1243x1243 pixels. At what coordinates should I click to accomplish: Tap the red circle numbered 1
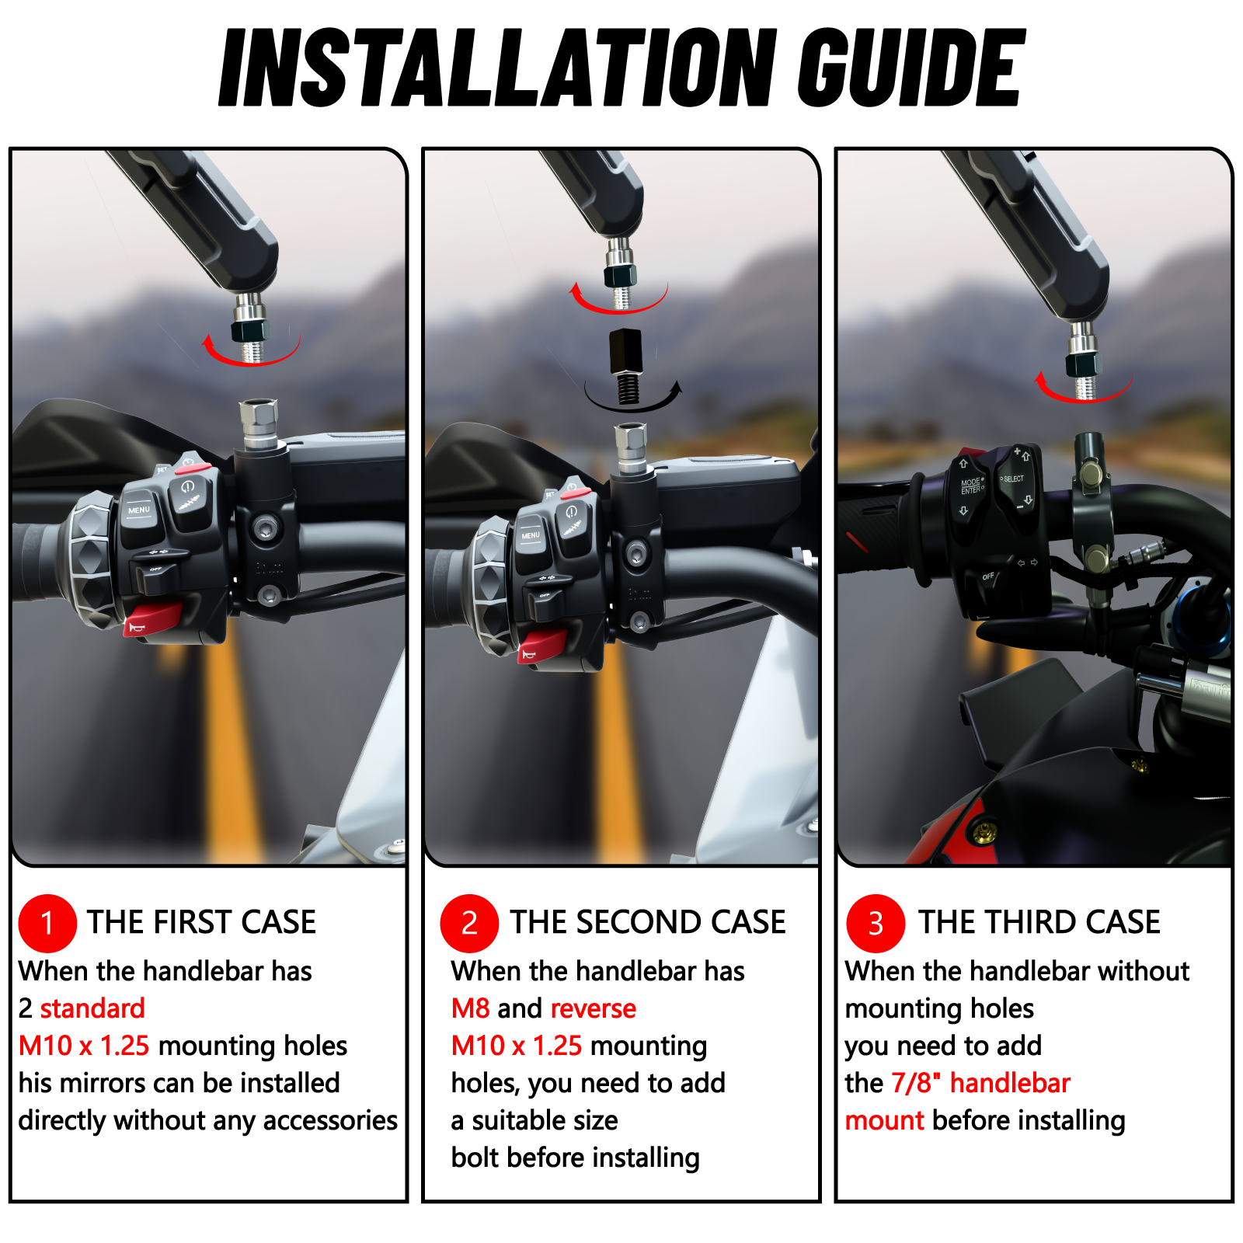[47, 923]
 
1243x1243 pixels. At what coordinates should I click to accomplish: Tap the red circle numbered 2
[469, 923]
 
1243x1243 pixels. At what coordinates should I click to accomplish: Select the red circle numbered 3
[876, 923]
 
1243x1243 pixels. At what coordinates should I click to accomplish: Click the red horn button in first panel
[152, 620]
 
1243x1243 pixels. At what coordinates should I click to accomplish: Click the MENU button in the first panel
[140, 513]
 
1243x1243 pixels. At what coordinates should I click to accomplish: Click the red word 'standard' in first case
[92, 1008]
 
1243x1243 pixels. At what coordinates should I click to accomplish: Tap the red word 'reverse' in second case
[593, 1008]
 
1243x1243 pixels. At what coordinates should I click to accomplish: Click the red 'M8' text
[470, 1008]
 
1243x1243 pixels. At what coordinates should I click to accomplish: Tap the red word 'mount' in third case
[884, 1120]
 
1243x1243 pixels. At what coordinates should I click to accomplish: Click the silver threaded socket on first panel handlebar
[259, 420]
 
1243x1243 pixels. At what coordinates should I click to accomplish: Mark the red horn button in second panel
[542, 647]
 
